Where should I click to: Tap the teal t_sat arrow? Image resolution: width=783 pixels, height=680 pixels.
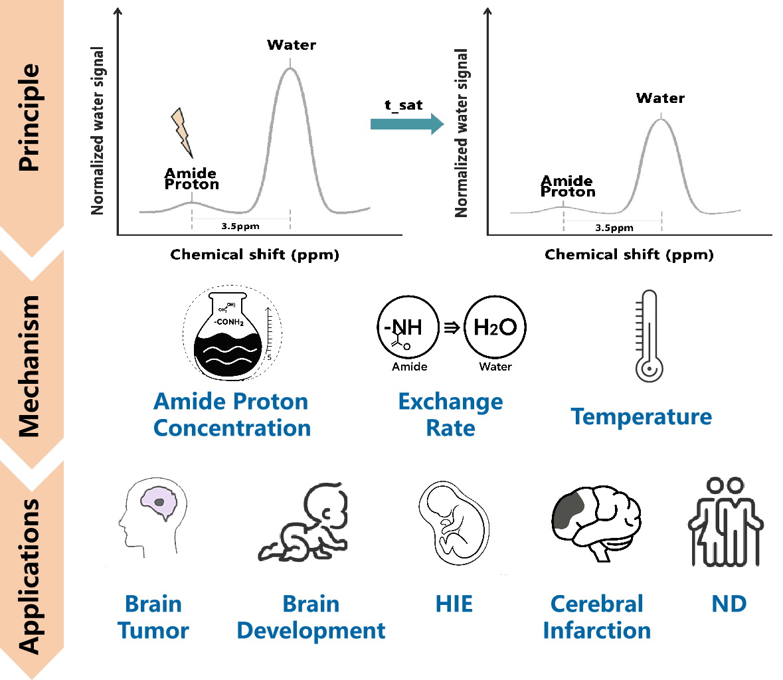(406, 124)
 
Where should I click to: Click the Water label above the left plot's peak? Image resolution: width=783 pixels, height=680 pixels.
(291, 45)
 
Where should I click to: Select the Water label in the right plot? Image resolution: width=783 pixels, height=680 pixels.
(659, 98)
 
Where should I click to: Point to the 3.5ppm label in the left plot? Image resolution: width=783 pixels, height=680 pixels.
(240, 226)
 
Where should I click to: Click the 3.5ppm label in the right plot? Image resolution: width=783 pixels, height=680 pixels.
(614, 228)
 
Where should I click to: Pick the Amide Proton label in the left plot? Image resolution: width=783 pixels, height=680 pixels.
(191, 179)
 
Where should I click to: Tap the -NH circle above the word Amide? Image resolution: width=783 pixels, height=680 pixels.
(408, 328)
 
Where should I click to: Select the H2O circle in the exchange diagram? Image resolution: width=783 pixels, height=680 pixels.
(495, 327)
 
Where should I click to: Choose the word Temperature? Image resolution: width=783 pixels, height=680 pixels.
(641, 416)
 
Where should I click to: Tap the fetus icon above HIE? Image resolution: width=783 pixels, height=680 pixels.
(455, 523)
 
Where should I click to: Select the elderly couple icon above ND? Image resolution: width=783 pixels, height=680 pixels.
(725, 522)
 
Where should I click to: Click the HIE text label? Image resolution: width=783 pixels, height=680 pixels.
(454, 604)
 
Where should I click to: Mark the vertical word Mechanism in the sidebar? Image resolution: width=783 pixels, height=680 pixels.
(29, 365)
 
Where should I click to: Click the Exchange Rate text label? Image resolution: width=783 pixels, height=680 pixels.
(450, 415)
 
